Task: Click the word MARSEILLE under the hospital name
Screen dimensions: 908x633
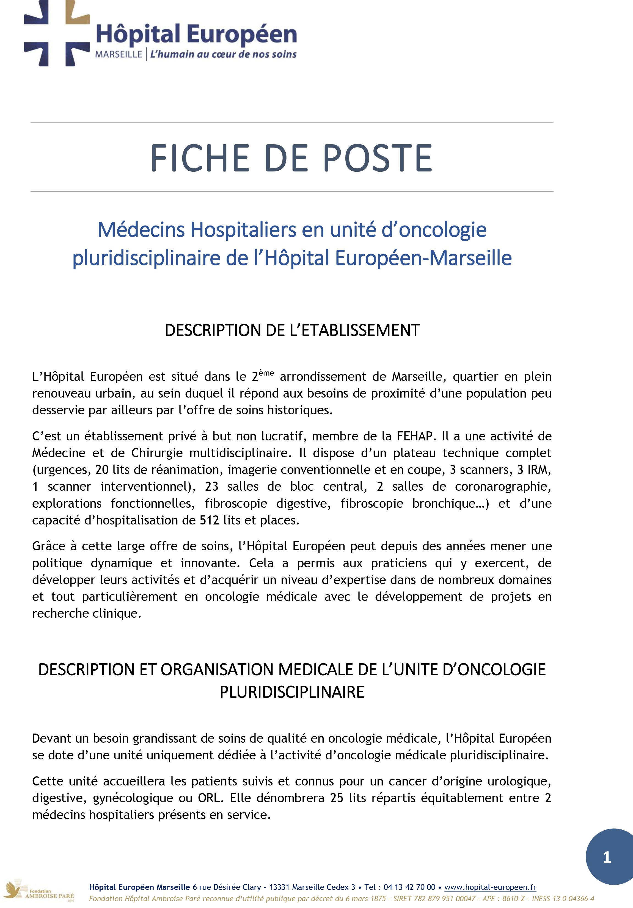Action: [x=118, y=54]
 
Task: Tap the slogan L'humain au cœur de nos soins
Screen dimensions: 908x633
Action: [x=223, y=54]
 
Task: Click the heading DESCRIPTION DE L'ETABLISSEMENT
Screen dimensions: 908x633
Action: [x=292, y=330]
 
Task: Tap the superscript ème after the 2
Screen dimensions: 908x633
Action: [x=266, y=373]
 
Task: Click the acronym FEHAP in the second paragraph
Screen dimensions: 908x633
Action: [x=414, y=436]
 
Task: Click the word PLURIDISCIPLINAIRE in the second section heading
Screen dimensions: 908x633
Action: [x=292, y=692]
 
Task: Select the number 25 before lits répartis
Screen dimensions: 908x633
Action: [x=337, y=798]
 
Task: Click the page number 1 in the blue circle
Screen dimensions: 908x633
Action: [x=607, y=858]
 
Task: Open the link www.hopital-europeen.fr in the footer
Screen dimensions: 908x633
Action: [x=490, y=887]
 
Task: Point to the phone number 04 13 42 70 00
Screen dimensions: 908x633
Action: [x=409, y=887]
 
